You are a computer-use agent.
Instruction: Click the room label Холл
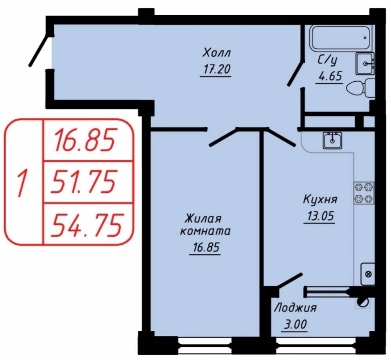click(217, 53)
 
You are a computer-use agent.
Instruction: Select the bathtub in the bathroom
click(341, 38)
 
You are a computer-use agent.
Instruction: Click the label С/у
click(327, 61)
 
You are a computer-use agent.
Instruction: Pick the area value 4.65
click(329, 77)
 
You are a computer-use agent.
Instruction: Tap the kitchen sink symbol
click(332, 140)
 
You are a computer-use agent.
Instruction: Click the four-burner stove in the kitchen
click(364, 193)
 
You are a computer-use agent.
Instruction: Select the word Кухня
click(320, 199)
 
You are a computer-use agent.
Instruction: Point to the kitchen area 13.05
click(320, 216)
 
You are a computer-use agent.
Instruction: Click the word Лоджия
click(295, 308)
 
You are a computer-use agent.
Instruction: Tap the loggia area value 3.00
click(295, 324)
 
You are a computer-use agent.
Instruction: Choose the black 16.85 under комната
click(206, 247)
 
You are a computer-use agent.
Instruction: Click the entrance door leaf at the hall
click(38, 51)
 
